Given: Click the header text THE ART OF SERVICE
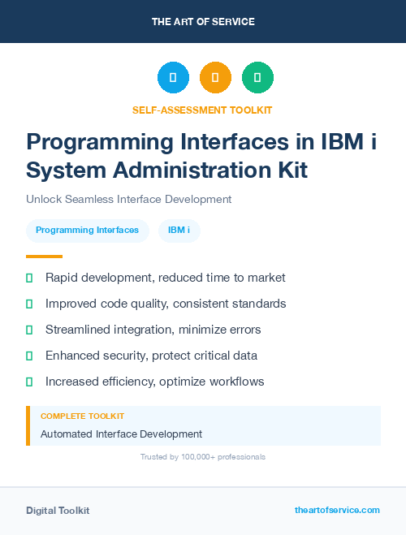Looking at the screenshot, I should pyautogui.click(x=203, y=22).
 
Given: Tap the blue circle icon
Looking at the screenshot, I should pyautogui.click(x=173, y=78).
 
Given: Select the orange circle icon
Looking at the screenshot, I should pyautogui.click(x=215, y=78).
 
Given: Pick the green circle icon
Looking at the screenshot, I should pyautogui.click(x=257, y=78).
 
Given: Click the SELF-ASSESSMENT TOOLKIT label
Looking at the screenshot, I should pyautogui.click(x=202, y=110).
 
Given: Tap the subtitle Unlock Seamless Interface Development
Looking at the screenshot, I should pyautogui.click(x=128, y=199).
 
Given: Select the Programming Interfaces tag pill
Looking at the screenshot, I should pyautogui.click(x=88, y=231).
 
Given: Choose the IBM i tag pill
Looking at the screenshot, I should pyautogui.click(x=179, y=231).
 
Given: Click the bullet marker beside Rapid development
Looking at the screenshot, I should pyautogui.click(x=29, y=278).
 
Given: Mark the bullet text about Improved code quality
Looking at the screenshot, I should pyautogui.click(x=166, y=304).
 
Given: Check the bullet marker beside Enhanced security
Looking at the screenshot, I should pyautogui.click(x=29, y=356).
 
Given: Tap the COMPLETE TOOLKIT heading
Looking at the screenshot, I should pyautogui.click(x=82, y=416).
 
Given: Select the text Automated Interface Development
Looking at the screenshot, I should pyautogui.click(x=121, y=434).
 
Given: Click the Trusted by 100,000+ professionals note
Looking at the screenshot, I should pyautogui.click(x=203, y=457).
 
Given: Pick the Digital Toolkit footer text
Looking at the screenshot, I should pyautogui.click(x=58, y=511).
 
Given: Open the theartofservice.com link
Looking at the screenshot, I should pyautogui.click(x=337, y=510).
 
